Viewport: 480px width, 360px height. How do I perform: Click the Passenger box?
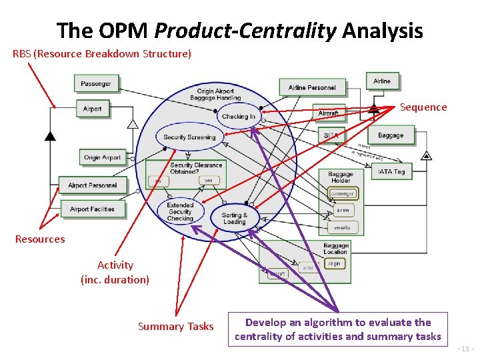point(96,83)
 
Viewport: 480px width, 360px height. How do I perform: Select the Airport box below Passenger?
point(92,109)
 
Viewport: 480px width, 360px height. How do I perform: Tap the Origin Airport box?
point(102,158)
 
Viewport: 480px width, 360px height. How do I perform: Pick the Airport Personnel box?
point(92,185)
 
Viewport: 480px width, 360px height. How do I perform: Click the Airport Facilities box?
point(92,209)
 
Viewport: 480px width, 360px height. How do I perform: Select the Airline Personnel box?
point(312,87)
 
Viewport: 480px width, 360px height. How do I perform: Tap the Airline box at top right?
point(382,81)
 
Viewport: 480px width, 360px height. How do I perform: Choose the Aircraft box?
point(328,113)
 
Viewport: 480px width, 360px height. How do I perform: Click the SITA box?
point(331,135)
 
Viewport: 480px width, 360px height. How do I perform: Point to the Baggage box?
point(390,135)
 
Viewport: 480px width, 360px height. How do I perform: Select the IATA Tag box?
point(391,172)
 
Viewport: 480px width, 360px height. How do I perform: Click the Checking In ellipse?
point(238,117)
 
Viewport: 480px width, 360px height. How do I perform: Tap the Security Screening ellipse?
point(189,137)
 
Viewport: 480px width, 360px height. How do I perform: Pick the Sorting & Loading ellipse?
point(234,217)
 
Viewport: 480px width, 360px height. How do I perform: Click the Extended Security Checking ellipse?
point(180,212)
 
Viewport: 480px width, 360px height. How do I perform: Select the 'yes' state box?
point(208,180)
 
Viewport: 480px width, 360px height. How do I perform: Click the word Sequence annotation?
point(423,107)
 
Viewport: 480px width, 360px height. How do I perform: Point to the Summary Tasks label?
point(175,327)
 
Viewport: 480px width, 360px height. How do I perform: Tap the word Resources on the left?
point(40,239)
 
